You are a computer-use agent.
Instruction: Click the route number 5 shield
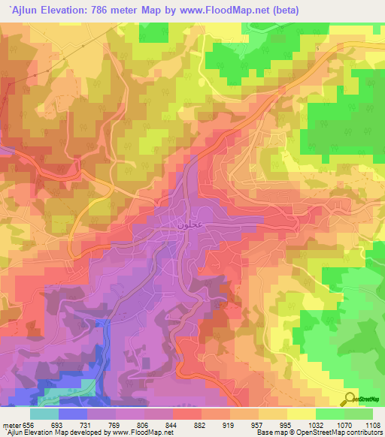pyautogui.click(x=318, y=49)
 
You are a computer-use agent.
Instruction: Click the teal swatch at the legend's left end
pyautogui.click(x=44, y=413)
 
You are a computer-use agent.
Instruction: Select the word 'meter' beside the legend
pyautogui.click(x=11, y=425)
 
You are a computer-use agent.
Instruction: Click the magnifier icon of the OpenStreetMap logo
pyautogui.click(x=350, y=397)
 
